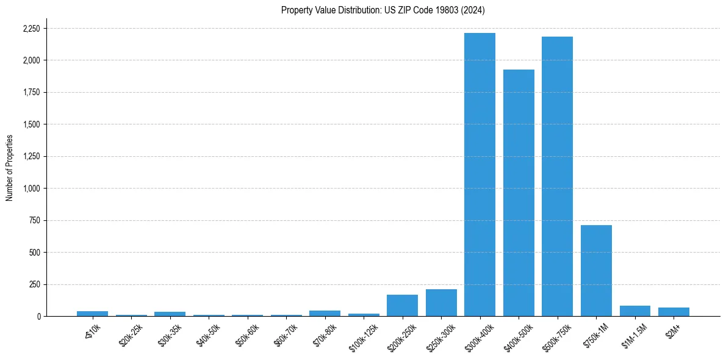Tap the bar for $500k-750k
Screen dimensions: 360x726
pos(557,176)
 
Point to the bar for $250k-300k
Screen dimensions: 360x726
pos(441,303)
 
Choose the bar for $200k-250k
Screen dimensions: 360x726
pos(402,305)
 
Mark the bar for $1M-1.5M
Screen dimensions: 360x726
pos(634,311)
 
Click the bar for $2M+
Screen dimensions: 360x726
pos(674,312)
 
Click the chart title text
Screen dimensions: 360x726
pos(383,10)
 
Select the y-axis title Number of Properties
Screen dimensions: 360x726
pos(9,168)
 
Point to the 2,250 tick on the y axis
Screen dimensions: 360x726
pos(31,29)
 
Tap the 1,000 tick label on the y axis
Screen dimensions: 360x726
pos(31,189)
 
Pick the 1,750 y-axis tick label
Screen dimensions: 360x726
pos(31,93)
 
